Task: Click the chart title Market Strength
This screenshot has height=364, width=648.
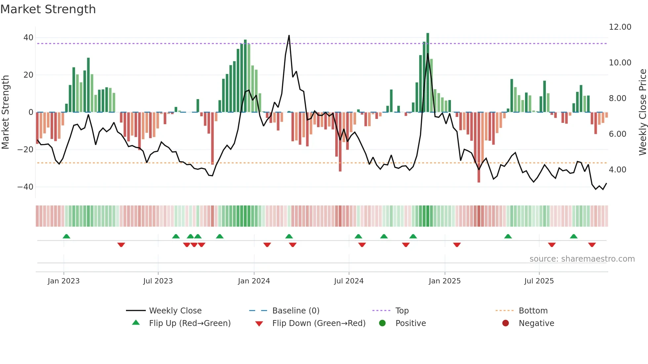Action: pos(48,9)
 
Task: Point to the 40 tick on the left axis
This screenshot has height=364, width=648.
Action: pos(28,38)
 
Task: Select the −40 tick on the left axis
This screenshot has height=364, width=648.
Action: pos(25,187)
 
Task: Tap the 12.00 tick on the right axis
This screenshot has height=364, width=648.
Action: pos(620,27)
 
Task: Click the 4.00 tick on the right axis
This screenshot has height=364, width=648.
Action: pos(618,170)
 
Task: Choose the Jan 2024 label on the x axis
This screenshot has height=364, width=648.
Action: pos(254,281)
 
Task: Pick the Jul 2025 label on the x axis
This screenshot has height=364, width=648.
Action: pos(539,281)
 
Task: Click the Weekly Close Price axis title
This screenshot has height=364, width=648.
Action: pos(642,112)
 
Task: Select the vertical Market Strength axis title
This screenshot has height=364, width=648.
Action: pos(5,112)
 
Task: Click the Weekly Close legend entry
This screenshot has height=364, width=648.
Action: pos(175,311)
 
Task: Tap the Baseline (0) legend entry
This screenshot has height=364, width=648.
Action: pos(296,311)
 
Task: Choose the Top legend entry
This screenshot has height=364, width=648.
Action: pos(402,311)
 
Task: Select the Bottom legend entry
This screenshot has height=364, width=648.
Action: pos(533,311)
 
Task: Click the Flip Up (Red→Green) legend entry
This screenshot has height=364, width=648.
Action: pos(189,323)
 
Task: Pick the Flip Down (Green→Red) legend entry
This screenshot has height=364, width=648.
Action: pos(319,323)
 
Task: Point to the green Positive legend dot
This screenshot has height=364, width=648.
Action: pos(382,323)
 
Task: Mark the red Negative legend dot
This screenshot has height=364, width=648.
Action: pos(505,323)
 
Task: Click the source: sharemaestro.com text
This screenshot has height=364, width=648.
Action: pos(582,259)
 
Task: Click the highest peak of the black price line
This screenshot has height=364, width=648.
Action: pos(289,36)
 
